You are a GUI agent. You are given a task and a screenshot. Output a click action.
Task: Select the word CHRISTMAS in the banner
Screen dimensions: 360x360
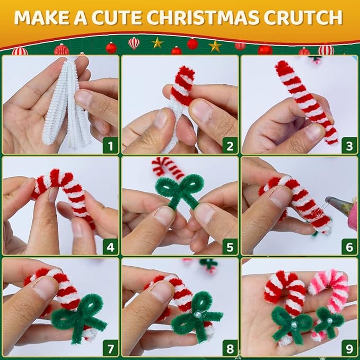pos(203,17)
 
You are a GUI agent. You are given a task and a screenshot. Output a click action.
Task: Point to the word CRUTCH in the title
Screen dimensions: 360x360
pos(303,17)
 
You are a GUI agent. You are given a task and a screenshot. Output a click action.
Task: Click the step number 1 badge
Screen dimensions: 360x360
pos(110,146)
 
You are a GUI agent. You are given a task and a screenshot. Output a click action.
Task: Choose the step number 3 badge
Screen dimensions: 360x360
pos(349,146)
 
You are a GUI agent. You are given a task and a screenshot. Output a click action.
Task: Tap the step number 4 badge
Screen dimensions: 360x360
pos(110,247)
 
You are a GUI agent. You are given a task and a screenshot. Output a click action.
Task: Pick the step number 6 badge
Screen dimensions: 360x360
pos(349,247)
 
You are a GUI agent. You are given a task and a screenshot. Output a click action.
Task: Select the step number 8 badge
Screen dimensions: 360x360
pos(230,348)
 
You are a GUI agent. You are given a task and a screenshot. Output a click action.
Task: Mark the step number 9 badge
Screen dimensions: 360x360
pos(349,348)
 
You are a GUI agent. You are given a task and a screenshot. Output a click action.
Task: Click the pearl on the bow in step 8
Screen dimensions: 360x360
pos(197,315)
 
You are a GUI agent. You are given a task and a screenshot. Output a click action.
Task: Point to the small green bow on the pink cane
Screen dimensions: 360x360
pos(328,321)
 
